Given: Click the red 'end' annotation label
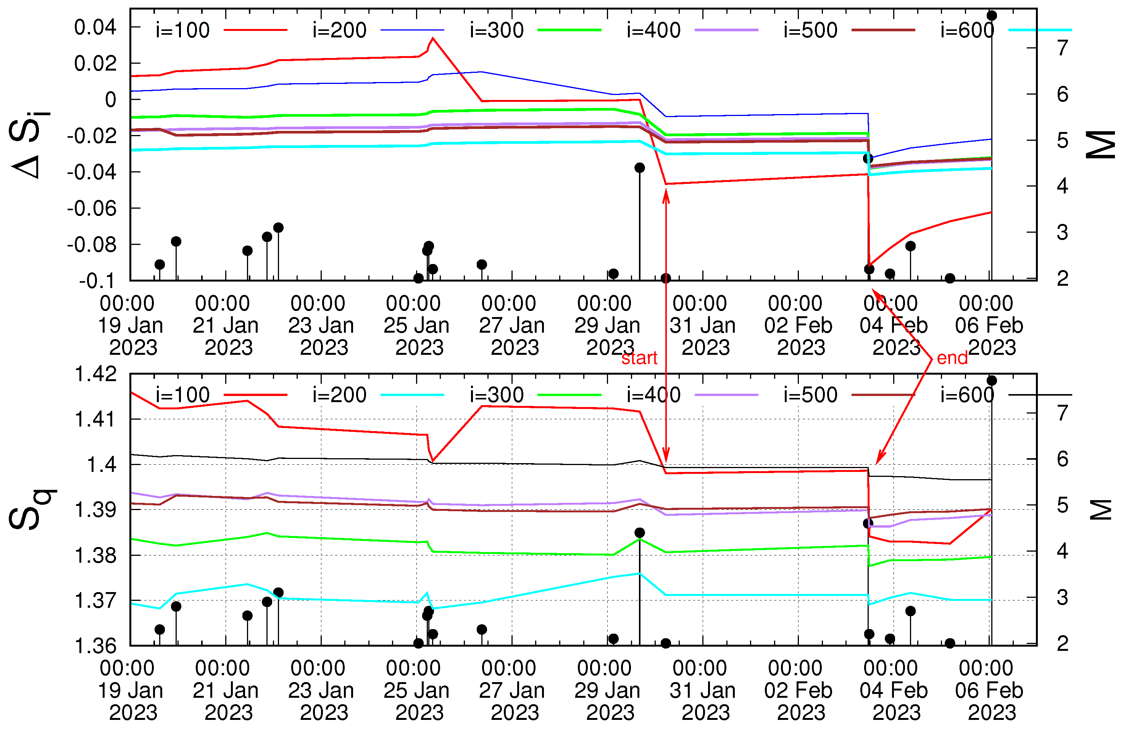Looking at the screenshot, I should pyautogui.click(x=952, y=358).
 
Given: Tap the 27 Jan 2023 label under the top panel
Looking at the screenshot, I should pyautogui.click(x=511, y=325).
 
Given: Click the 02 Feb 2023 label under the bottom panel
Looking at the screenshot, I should pyautogui.click(x=798, y=691).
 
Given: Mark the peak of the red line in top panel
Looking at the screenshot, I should pyautogui.click(x=433, y=38).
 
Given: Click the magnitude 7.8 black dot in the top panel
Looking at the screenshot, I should pyautogui.click(x=992, y=16).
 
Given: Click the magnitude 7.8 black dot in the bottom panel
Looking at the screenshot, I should pyautogui.click(x=992, y=381).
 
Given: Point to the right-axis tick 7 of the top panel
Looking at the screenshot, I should pyautogui.click(x=1062, y=48).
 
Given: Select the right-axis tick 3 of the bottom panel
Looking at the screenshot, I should pyautogui.click(x=1062, y=598).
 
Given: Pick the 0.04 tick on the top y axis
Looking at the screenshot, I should pyautogui.click(x=95, y=27).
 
